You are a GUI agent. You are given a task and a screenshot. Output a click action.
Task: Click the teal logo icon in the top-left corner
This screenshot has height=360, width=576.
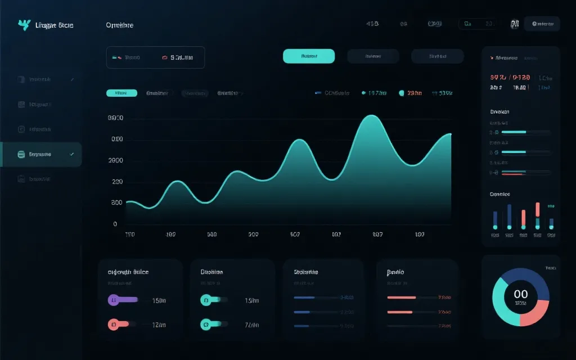24,25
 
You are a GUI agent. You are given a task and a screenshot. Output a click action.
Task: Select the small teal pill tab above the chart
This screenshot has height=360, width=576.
121,93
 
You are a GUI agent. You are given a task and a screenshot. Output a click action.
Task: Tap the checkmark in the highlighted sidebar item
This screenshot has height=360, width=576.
71,154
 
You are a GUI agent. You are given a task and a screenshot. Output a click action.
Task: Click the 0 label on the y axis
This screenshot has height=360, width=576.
115,224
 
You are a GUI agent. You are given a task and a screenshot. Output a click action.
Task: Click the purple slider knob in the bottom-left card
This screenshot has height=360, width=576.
114,300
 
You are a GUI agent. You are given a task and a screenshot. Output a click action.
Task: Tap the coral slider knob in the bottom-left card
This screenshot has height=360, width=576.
114,324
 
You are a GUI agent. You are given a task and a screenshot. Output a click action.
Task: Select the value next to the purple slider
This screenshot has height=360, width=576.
159,300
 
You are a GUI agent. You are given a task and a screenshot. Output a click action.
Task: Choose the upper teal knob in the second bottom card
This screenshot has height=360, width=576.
206,300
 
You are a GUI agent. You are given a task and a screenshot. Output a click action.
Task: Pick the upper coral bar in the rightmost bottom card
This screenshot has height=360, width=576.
402,297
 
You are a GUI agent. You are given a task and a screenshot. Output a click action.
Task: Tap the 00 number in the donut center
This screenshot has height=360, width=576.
521,294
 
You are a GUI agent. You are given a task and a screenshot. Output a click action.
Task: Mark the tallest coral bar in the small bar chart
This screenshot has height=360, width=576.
538,209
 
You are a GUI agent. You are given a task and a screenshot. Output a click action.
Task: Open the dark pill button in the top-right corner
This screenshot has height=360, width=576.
542,24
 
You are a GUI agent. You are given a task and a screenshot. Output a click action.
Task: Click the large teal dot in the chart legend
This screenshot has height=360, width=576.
402,93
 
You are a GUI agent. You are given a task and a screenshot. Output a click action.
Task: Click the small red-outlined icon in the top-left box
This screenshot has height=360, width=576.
165,57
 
